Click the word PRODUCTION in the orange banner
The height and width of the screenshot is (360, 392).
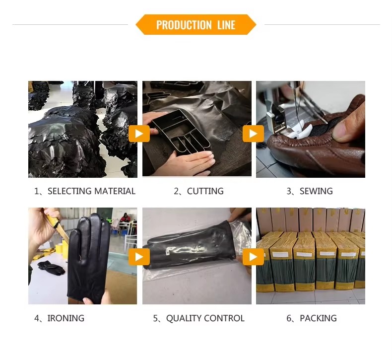coord(184,25)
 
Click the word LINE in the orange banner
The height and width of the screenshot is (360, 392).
coord(226,25)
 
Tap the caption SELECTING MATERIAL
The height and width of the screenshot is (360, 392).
coord(84,191)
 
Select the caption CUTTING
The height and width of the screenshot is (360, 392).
coord(198,191)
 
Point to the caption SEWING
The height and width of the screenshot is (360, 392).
coord(310,191)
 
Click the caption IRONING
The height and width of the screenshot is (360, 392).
coord(59,318)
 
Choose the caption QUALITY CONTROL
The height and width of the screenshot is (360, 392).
coord(198,318)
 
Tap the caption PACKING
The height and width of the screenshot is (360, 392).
coord(312,318)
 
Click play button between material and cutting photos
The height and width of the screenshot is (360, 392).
coord(139,134)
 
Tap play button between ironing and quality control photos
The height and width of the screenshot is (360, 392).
coord(139,256)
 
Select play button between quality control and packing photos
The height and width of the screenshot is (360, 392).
coord(253,256)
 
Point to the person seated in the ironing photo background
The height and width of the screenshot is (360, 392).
coord(124,221)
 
